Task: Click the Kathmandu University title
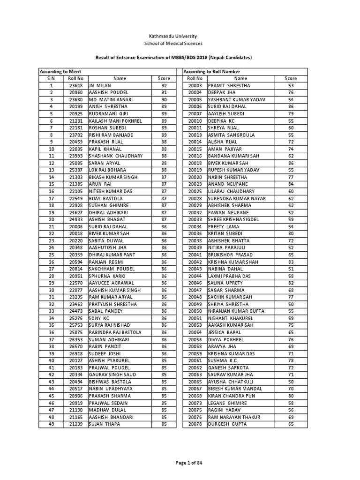180,36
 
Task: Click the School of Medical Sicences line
180,43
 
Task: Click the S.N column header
51,79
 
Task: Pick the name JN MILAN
100,86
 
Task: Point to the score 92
164,86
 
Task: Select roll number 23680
75,100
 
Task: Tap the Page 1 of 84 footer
180,463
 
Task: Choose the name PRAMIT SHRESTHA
229,86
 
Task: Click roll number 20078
195,424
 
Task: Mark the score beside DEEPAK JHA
291,93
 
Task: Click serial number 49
51,424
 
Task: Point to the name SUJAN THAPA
105,424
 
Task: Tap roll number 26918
75,353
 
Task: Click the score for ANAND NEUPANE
291,184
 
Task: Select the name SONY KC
98,318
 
